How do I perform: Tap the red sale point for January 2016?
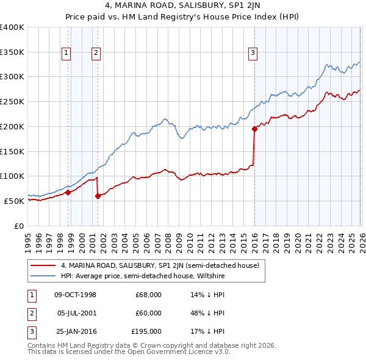click(254, 129)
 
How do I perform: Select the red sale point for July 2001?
click(98, 196)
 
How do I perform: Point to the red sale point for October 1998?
click(68, 192)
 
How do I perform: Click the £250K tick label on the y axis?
click(12, 102)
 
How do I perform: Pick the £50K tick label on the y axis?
click(14, 201)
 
